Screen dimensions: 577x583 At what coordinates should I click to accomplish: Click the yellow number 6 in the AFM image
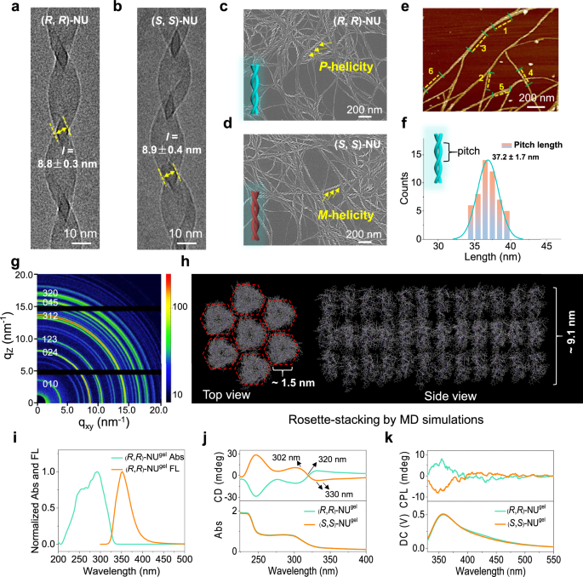pos(431,71)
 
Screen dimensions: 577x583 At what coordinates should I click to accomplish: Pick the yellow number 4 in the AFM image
pos(531,73)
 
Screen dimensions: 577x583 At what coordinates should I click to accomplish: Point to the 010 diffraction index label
pos(49,408)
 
